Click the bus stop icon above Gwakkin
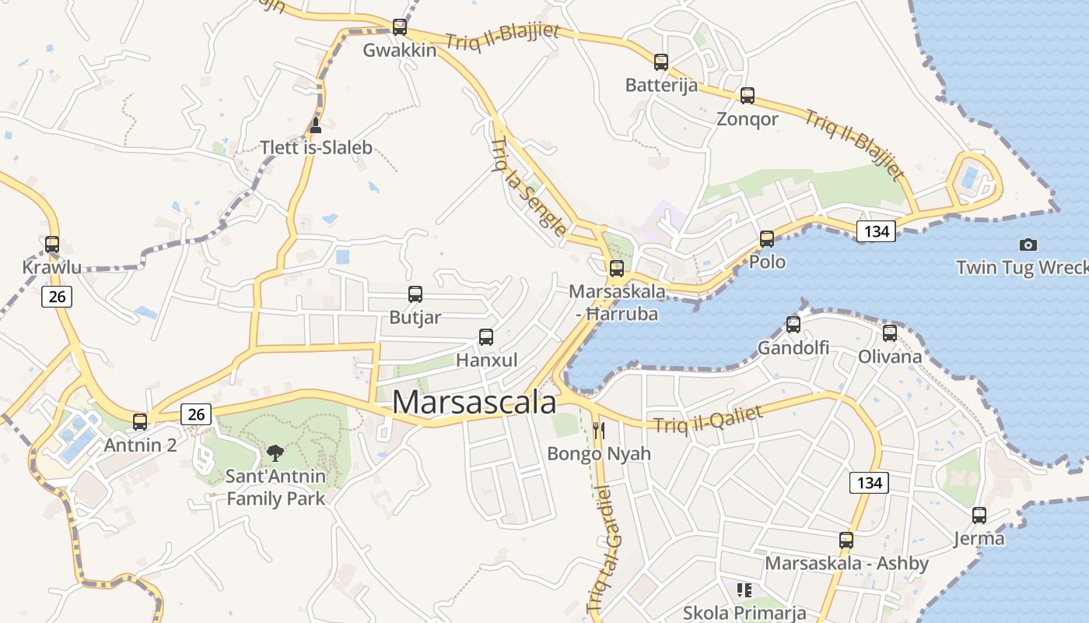tap(399, 27)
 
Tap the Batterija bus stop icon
tap(661, 62)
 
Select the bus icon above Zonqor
tap(748, 96)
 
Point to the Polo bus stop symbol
tap(767, 239)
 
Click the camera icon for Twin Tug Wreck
tap(1028, 245)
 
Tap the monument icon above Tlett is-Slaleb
tap(315, 125)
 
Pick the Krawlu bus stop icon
tap(52, 245)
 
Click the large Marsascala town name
tap(474, 403)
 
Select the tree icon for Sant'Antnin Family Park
tap(275, 452)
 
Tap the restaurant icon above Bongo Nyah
tap(599, 429)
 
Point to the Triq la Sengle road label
tap(529, 187)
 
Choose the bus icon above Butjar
tap(415, 294)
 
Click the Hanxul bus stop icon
tap(486, 337)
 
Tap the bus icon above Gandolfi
tap(793, 325)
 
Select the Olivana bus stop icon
tap(890, 333)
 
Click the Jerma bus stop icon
tap(979, 516)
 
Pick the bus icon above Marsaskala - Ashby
tap(846, 540)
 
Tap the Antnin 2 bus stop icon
tap(140, 422)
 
